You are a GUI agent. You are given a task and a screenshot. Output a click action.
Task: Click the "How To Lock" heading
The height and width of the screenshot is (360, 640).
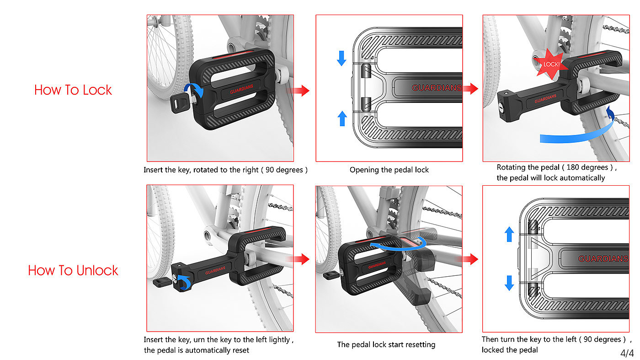coord(73,90)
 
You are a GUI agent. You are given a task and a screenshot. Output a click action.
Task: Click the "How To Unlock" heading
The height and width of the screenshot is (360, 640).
coord(73,270)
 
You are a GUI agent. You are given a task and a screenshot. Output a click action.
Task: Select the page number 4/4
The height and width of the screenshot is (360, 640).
coord(627,353)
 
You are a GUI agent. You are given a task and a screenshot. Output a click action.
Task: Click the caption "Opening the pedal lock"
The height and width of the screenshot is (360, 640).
coord(389,170)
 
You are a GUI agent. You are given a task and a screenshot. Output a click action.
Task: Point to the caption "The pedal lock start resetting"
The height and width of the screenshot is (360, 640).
coord(386,344)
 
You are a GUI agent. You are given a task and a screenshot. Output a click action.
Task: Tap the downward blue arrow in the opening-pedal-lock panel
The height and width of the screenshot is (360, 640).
coord(341,58)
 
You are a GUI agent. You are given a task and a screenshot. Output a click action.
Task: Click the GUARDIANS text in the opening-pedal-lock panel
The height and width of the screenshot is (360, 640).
coord(437,88)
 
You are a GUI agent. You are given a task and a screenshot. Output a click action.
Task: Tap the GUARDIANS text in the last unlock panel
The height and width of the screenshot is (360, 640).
coord(603,259)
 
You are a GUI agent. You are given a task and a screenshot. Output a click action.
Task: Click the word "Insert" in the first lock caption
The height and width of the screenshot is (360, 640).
coord(154,170)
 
